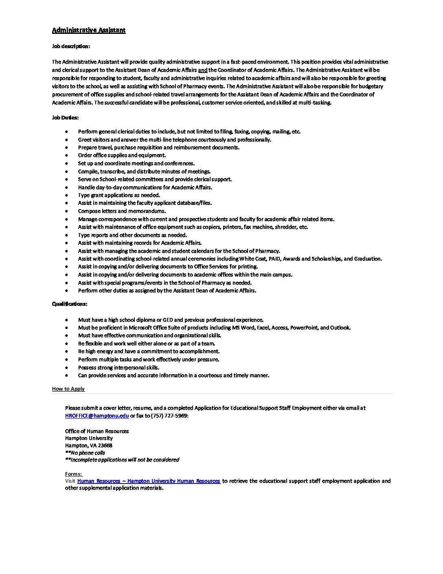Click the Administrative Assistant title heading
point(89,30)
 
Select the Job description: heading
point(71,46)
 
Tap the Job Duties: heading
point(65,118)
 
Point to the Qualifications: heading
point(69,304)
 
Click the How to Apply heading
point(68,389)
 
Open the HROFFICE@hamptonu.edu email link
point(97,416)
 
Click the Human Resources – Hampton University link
point(149,481)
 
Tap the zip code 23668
point(105,446)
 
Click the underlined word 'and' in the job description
point(203,70)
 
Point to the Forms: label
point(73,474)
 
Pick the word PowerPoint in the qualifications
point(304,328)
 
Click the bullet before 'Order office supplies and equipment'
point(66,155)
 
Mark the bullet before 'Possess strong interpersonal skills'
point(66,368)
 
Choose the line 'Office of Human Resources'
point(97,431)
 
